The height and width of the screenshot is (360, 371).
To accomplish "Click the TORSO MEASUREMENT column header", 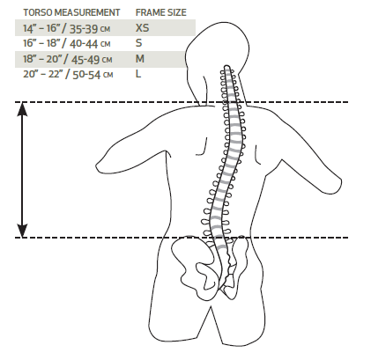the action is (71, 12).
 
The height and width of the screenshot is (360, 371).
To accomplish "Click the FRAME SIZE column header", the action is (161, 12).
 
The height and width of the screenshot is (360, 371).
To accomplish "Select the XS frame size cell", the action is (143, 28).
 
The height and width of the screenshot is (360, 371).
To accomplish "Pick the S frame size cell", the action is (138, 43).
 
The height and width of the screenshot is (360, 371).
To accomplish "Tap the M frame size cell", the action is (140, 59).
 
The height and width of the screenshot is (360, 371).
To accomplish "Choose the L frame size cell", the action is (138, 74).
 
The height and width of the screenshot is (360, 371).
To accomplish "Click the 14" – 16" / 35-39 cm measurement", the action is (67, 28).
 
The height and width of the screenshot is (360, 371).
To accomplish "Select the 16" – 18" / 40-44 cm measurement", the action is (67, 44).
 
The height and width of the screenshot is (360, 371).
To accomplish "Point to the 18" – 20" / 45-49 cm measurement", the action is (68, 59).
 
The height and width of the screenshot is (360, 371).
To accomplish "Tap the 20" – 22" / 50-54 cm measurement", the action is (68, 75).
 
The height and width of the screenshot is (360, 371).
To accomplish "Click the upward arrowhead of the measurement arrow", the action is (22, 109).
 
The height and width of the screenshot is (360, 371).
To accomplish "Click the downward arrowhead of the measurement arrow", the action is (22, 231).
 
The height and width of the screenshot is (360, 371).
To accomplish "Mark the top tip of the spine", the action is (226, 66).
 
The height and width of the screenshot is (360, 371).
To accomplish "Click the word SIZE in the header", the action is (176, 12).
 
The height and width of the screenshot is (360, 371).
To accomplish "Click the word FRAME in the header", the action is (150, 12).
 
